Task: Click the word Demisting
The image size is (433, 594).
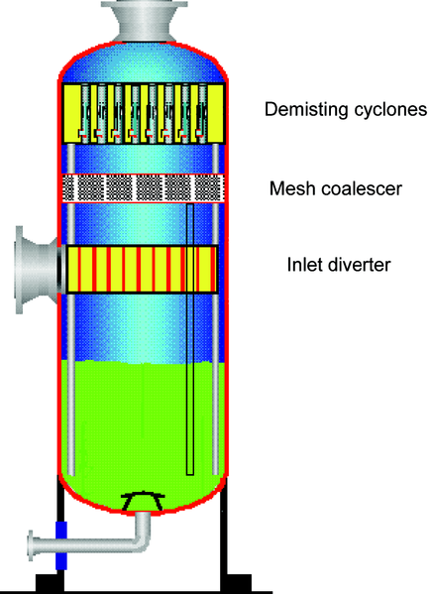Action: tap(307, 110)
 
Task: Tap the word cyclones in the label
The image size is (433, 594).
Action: tap(390, 109)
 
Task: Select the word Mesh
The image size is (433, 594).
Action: tap(288, 188)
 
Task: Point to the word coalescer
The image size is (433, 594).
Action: tap(357, 188)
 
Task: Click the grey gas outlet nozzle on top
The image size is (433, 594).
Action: tap(145, 21)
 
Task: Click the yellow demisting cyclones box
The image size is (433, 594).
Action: tap(144, 114)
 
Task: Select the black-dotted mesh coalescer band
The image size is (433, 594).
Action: tap(143, 188)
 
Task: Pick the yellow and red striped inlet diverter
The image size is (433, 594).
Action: tap(142, 270)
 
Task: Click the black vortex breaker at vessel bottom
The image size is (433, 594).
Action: tap(143, 501)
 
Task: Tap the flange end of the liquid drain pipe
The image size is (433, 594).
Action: tap(31, 545)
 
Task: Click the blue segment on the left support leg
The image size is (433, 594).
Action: tap(61, 545)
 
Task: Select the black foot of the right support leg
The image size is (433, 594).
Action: tap(237, 582)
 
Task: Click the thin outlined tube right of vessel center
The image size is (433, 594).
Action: tap(190, 339)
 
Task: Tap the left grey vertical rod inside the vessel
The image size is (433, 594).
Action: tap(70, 309)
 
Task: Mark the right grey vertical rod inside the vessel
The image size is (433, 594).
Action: tap(216, 309)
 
